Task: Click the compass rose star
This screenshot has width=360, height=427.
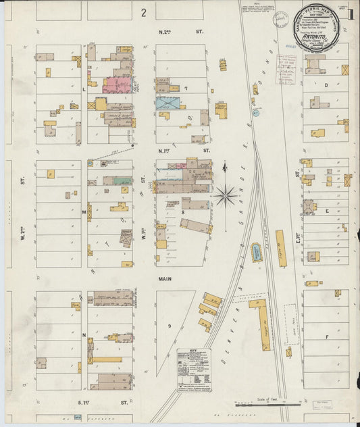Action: (x=226, y=195)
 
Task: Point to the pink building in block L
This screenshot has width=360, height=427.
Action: (x=118, y=84)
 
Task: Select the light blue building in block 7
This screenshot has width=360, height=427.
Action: (x=168, y=103)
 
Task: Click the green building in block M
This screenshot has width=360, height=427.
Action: (x=122, y=181)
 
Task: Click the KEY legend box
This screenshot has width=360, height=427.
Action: (x=194, y=368)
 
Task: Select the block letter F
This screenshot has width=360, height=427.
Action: (x=326, y=336)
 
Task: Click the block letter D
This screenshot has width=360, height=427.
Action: (x=326, y=86)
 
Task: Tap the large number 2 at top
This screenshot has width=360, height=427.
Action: (x=144, y=12)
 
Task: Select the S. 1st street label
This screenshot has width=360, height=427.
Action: (x=102, y=402)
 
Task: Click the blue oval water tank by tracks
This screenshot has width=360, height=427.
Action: (x=256, y=253)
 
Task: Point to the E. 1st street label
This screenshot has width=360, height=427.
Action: (x=297, y=237)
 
